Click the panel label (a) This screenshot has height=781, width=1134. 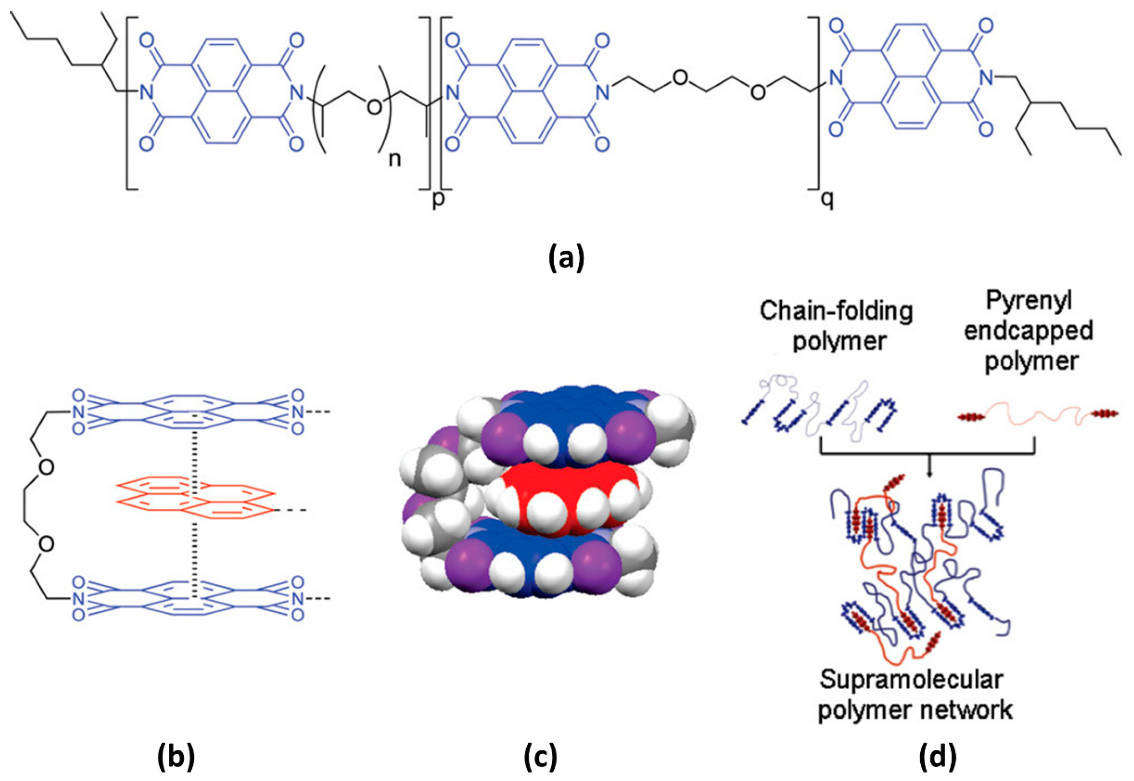pyautogui.click(x=566, y=258)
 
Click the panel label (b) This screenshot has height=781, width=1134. pyautogui.click(x=176, y=758)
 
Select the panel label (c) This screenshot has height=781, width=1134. pyautogui.click(x=541, y=758)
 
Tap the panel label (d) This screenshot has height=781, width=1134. pyautogui.click(x=938, y=758)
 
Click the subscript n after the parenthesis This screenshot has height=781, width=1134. pyautogui.click(x=394, y=160)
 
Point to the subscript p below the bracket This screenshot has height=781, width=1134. pyautogui.click(x=438, y=199)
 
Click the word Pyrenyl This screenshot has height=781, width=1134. pyautogui.click(x=1028, y=301)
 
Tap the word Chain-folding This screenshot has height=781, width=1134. pyautogui.click(x=836, y=311)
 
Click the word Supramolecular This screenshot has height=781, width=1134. pyautogui.click(x=911, y=680)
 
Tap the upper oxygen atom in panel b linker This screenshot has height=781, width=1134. pyautogui.click(x=46, y=467)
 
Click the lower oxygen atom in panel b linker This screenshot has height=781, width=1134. pyautogui.click(x=46, y=544)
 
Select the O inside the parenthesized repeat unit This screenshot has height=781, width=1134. pyautogui.click(x=374, y=107)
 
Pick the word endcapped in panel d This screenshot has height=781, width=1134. pyautogui.click(x=1028, y=331)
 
